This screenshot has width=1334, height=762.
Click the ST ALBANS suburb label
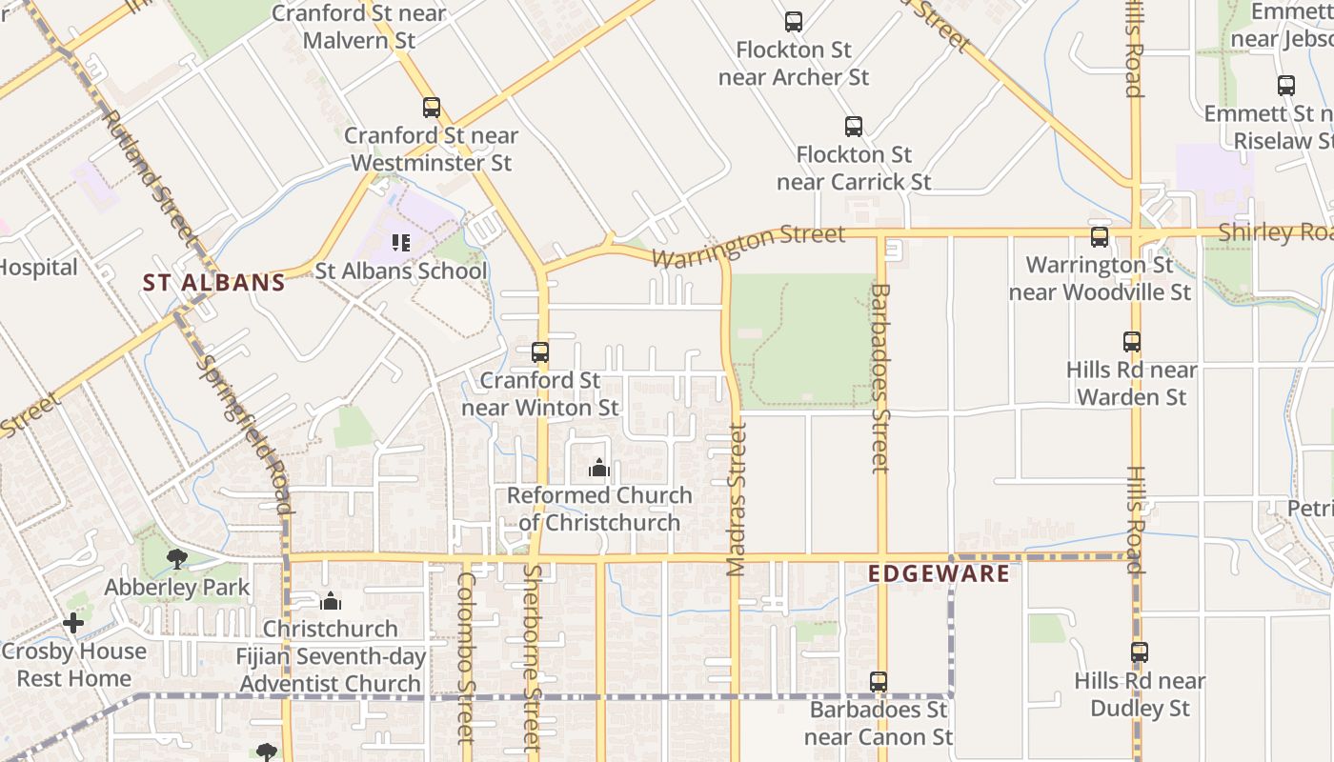[x=214, y=283]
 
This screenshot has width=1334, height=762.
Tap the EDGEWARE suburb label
[x=940, y=573]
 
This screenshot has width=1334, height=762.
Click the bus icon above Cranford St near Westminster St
[x=432, y=108]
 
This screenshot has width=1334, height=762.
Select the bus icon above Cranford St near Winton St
[x=540, y=352]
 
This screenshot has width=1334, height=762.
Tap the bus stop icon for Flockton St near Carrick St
[x=854, y=127]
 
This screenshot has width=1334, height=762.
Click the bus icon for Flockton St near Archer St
[x=794, y=22]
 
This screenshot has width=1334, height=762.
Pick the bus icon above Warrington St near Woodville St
[x=1100, y=237]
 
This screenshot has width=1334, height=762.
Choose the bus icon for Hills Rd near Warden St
[x=1132, y=342]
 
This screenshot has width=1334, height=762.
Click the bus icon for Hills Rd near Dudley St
[x=1140, y=653]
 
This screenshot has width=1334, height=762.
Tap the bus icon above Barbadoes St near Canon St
[x=879, y=682]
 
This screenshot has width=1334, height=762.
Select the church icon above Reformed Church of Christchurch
[x=599, y=468]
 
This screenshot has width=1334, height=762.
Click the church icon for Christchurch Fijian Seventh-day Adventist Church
[x=331, y=601]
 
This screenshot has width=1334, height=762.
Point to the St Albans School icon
[x=401, y=243]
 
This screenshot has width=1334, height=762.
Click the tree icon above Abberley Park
[x=176, y=559]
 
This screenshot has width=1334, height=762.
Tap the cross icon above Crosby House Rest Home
[x=73, y=623]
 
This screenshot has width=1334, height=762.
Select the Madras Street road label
[x=737, y=500]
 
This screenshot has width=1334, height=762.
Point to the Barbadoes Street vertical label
[x=880, y=378]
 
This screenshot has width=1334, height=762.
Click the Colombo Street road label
[x=466, y=657]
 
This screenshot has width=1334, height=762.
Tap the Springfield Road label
[x=243, y=433]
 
